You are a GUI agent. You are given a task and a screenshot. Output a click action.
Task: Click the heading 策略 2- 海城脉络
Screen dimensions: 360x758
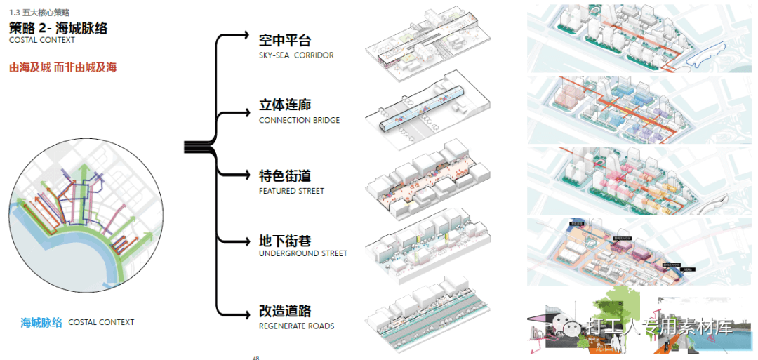pyautogui.click(x=58, y=28)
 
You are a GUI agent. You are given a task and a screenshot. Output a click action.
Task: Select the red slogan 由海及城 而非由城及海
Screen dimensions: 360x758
pyautogui.click(x=63, y=68)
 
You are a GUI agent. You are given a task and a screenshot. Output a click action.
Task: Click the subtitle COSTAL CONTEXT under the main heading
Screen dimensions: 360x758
pyautogui.click(x=42, y=41)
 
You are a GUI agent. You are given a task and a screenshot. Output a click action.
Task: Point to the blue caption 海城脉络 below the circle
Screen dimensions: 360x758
pyautogui.click(x=41, y=323)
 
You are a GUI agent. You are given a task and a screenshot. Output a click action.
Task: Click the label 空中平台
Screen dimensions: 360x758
pyautogui.click(x=284, y=41)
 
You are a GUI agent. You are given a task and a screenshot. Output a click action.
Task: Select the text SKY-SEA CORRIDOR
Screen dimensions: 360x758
pyautogui.click(x=295, y=55)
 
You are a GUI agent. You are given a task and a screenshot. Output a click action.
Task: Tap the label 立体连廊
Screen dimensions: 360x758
pyautogui.click(x=284, y=106)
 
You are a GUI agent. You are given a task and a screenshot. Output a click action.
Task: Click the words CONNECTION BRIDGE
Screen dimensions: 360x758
pyautogui.click(x=299, y=121)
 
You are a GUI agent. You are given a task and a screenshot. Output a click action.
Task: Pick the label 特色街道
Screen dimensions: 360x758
pyautogui.click(x=284, y=176)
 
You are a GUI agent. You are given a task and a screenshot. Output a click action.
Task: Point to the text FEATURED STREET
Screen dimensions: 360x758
pyautogui.click(x=291, y=191)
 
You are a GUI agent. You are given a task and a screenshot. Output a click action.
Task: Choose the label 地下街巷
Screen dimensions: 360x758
pyautogui.click(x=284, y=240)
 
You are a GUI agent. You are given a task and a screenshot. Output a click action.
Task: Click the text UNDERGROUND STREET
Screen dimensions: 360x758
pyautogui.click(x=302, y=254)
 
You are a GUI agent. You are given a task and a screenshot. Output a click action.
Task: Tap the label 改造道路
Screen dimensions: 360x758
pyautogui.click(x=284, y=312)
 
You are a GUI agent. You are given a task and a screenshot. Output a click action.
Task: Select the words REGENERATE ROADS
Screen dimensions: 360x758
pyautogui.click(x=296, y=326)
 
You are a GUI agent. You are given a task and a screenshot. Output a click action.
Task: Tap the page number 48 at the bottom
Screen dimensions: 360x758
pyautogui.click(x=256, y=357)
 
